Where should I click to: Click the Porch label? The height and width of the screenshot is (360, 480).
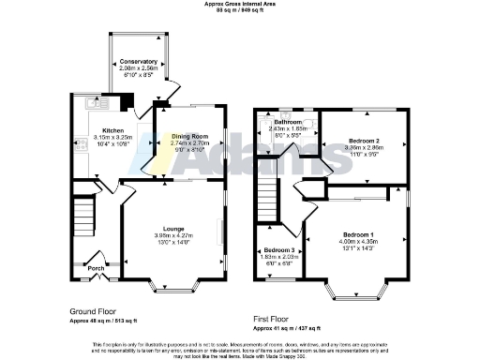click(x=96, y=268)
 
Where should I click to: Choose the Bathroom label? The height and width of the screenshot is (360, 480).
click(x=288, y=123)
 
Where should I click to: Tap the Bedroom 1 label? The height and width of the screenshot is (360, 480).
click(x=359, y=233)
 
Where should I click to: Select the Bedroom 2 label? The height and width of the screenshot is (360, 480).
click(x=362, y=141)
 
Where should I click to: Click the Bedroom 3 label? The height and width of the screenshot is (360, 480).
click(x=278, y=250)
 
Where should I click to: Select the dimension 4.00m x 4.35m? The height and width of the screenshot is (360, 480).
click(x=359, y=242)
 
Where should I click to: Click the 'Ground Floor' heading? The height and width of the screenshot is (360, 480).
click(x=94, y=310)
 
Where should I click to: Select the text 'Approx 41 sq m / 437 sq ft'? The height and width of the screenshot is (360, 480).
click(x=288, y=328)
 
